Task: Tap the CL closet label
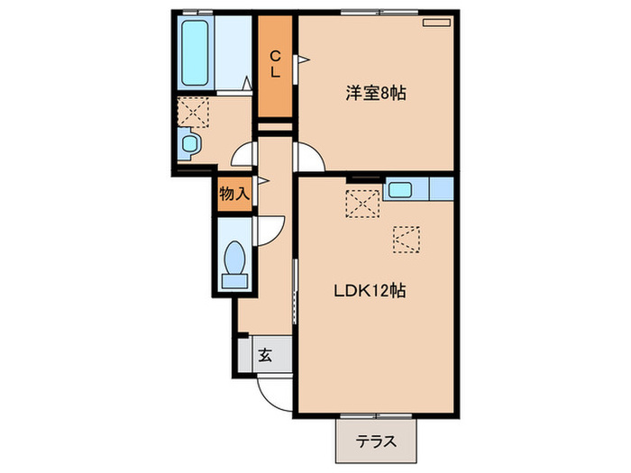click(276, 64)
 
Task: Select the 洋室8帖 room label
click(375, 92)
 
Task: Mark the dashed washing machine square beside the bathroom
click(192, 113)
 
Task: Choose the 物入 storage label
click(233, 193)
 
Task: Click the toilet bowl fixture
click(234, 262)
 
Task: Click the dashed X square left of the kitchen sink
click(362, 205)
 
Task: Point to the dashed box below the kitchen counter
click(406, 239)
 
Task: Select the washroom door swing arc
click(244, 156)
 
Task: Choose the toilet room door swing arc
click(270, 230)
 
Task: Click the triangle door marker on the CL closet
click(303, 60)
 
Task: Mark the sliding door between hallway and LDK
click(295, 288)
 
